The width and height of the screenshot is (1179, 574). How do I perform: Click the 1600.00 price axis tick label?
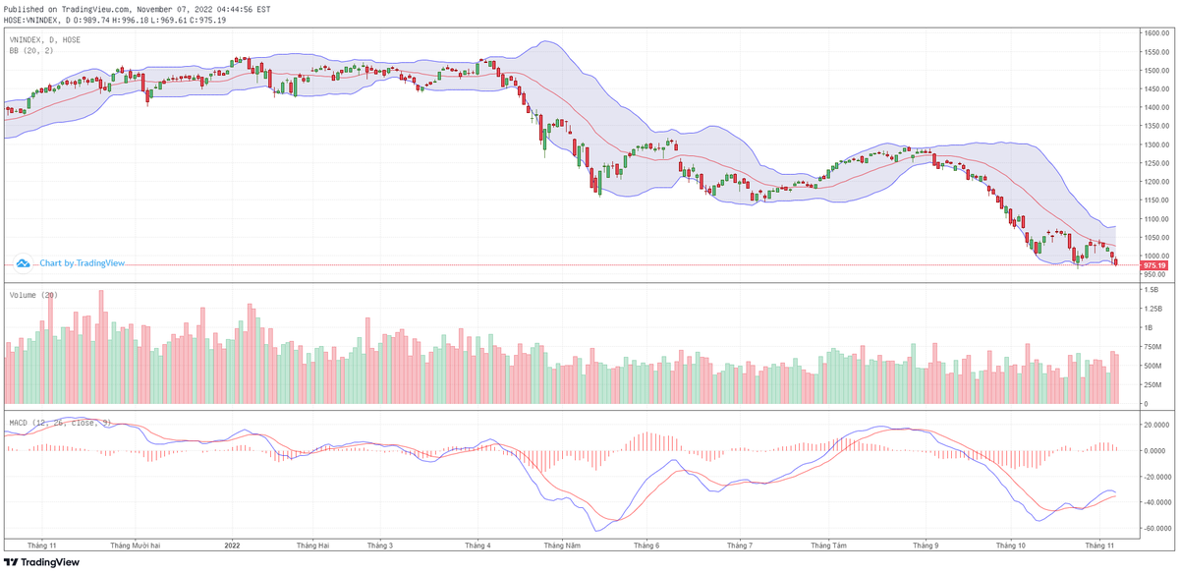click(x=1153, y=33)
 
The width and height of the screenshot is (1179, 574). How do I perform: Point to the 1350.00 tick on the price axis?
click(x=1153, y=126)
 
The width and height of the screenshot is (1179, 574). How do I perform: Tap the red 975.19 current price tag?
click(x=1153, y=265)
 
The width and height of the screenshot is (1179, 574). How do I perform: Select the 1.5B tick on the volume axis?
click(x=1150, y=290)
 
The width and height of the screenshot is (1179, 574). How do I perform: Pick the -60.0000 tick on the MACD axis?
click(x=1156, y=528)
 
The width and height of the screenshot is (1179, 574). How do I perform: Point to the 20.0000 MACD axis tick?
click(x=1155, y=426)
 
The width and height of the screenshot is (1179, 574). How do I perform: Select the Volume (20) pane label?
click(x=33, y=295)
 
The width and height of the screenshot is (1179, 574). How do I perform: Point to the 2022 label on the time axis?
click(x=233, y=545)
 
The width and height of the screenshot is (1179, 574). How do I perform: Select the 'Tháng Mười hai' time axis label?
click(x=136, y=545)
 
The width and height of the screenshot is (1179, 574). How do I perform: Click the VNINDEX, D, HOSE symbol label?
click(x=45, y=39)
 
